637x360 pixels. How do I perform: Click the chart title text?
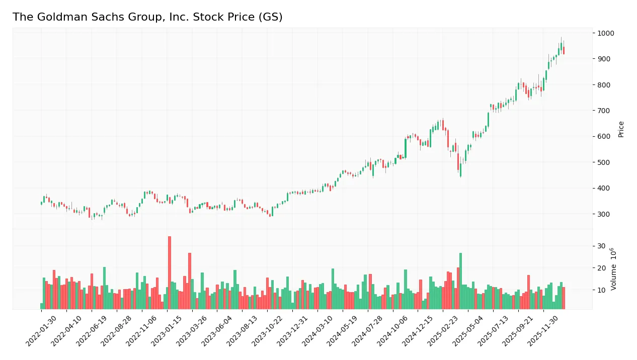click(x=147, y=17)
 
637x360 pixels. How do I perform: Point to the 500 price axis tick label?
click(x=603, y=162)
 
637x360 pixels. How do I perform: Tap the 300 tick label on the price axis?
click(x=603, y=214)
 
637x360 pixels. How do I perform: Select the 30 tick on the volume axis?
click(x=601, y=246)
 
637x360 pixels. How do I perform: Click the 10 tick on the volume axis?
click(x=601, y=290)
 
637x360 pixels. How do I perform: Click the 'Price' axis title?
click(x=621, y=129)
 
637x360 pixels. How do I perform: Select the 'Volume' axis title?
click(x=614, y=269)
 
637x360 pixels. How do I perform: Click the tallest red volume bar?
click(x=170, y=273)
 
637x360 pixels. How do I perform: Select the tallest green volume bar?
click(x=460, y=281)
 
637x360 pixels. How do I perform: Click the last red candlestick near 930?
click(x=564, y=50)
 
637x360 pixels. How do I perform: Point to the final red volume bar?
click(x=564, y=298)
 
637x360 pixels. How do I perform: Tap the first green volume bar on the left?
click(x=42, y=306)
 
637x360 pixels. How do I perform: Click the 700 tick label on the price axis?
click(x=603, y=111)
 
